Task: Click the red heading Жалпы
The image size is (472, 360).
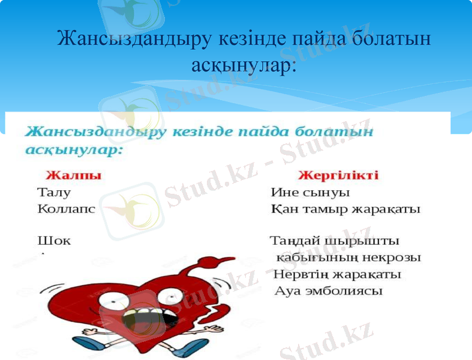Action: [x=73, y=176]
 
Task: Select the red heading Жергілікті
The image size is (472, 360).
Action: [x=338, y=176]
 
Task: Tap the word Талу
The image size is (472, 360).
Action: [x=54, y=193]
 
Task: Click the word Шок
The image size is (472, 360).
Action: [x=53, y=241]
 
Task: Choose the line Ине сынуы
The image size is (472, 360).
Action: [x=310, y=193]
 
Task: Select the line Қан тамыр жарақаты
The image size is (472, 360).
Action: [x=345, y=209]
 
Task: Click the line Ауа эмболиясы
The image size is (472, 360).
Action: [x=328, y=291]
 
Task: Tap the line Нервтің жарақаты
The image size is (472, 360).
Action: [x=337, y=274]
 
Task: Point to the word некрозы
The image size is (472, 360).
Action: [x=393, y=257]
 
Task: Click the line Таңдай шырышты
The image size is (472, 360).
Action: [x=334, y=241]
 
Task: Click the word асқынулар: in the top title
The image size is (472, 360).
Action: [x=243, y=65]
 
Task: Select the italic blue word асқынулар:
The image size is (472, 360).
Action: [x=74, y=149]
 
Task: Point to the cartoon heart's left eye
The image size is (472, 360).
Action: [x=113, y=298]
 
